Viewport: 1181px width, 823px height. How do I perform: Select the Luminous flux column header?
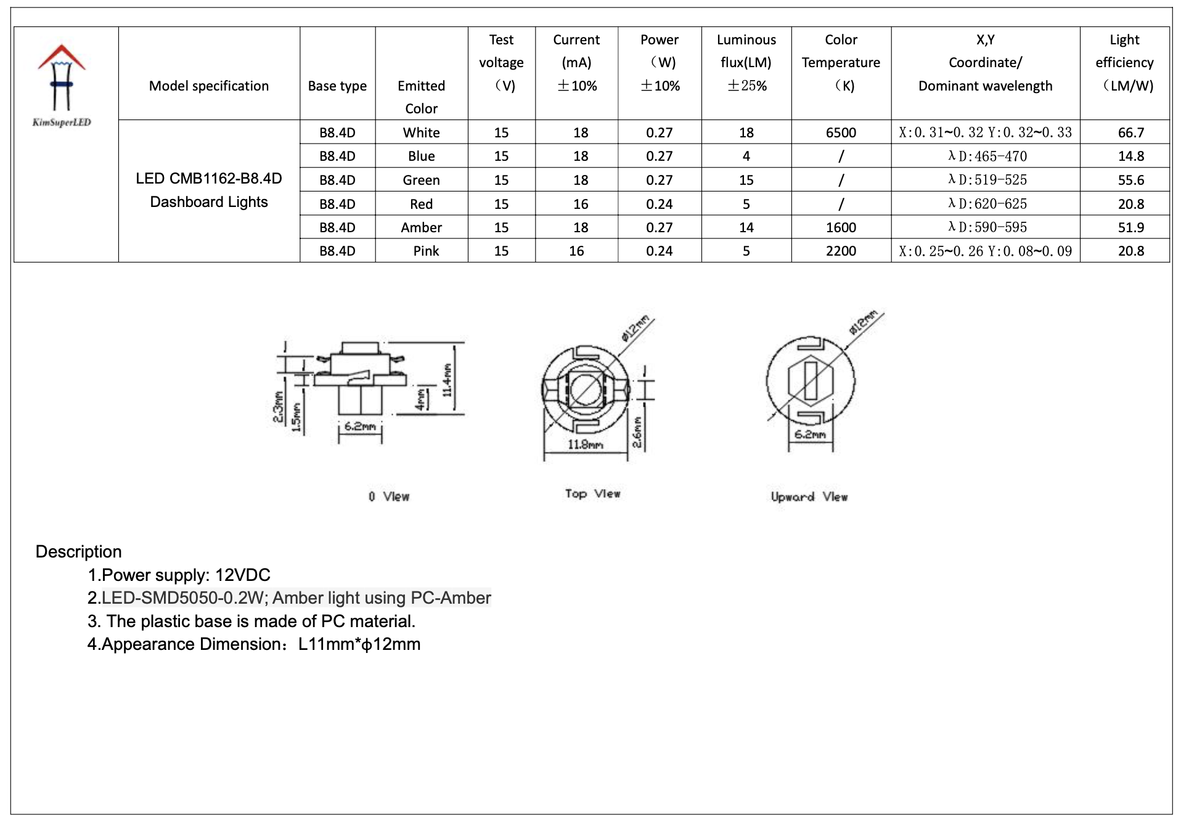[x=746, y=62]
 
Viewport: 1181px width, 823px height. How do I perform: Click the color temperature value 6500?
[x=840, y=132]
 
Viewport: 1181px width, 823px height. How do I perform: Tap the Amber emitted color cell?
[x=421, y=227]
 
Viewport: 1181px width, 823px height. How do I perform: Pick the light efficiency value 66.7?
[x=1130, y=132]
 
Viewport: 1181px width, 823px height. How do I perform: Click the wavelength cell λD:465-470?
[x=987, y=156]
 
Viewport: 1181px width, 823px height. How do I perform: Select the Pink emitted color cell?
[x=426, y=251]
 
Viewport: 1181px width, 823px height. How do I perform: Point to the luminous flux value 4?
[x=746, y=156]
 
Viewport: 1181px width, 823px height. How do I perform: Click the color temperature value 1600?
[x=840, y=227]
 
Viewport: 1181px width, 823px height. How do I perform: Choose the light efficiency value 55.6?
[x=1130, y=180]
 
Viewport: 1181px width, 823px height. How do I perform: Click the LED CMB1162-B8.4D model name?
[x=209, y=179]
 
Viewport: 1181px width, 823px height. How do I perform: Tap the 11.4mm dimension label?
[x=447, y=380]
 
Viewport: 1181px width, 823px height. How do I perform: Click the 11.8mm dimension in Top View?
[x=585, y=444]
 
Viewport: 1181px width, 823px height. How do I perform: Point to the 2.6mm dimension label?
[x=637, y=432]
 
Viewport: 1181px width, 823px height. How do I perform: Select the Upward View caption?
[x=809, y=497]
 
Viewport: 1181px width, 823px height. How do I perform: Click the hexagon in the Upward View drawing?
[x=811, y=380]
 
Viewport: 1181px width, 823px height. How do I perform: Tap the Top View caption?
[x=592, y=493]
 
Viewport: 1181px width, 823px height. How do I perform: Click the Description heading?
[x=78, y=551]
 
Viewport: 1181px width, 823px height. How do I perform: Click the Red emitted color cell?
[x=421, y=204]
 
